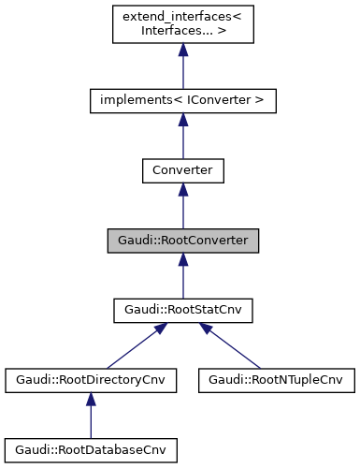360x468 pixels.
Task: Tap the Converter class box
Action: pos(182,170)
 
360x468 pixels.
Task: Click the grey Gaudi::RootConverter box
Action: pos(182,241)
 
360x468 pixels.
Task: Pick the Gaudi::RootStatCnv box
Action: pos(182,311)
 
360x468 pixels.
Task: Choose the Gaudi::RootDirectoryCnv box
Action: pos(91,381)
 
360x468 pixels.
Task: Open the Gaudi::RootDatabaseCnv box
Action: pos(91,451)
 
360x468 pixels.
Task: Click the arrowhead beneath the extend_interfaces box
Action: pos(182,52)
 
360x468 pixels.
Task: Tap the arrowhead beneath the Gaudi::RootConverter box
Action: pos(182,262)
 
